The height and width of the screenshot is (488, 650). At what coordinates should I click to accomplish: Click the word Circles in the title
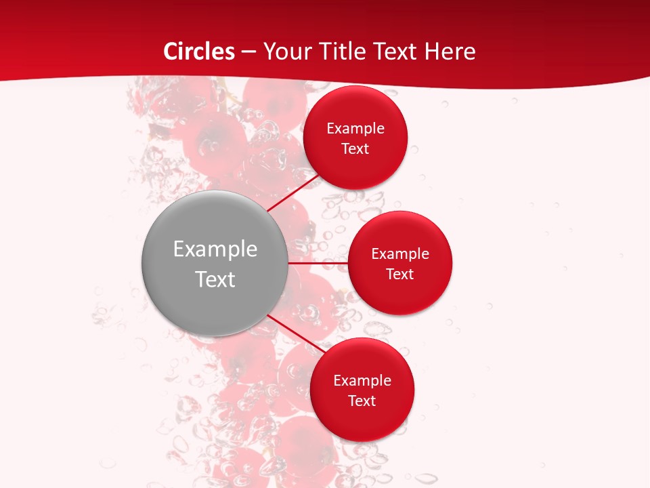pyautogui.click(x=199, y=52)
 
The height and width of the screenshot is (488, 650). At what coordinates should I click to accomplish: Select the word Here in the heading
pyautogui.click(x=450, y=52)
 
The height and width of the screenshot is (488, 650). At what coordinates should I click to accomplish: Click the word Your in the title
pyautogui.click(x=288, y=52)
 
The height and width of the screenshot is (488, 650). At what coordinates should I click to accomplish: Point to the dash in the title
pyautogui.click(x=248, y=52)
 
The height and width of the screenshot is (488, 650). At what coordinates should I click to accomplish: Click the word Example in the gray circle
pyautogui.click(x=215, y=249)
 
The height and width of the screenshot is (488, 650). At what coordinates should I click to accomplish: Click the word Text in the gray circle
pyautogui.click(x=215, y=279)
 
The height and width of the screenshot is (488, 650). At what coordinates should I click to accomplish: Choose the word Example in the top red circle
pyautogui.click(x=355, y=129)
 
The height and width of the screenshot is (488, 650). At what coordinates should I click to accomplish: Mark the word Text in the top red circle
pyautogui.click(x=355, y=149)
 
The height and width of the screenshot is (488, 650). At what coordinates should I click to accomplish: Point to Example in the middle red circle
pyautogui.click(x=400, y=254)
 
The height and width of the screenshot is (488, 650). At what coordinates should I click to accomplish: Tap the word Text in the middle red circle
pyautogui.click(x=400, y=274)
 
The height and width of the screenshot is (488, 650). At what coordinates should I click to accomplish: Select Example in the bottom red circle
pyautogui.click(x=362, y=381)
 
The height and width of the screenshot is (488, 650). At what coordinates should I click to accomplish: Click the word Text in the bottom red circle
pyautogui.click(x=362, y=401)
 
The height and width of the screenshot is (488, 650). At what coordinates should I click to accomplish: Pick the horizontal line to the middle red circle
pyautogui.click(x=318, y=263)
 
